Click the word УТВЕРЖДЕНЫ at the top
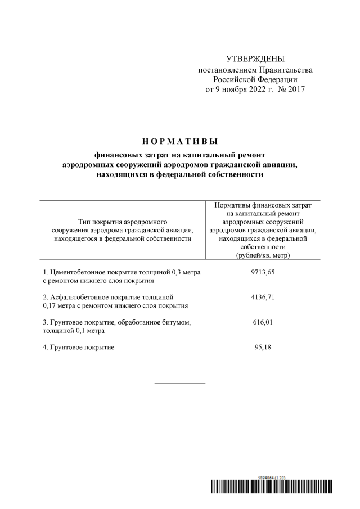tap(255, 59)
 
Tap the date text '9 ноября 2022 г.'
tap(242, 89)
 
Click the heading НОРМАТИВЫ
tap(179, 141)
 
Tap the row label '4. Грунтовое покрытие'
tap(79, 347)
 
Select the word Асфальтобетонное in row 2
tap(80, 296)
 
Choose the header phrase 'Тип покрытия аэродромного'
tap(119, 222)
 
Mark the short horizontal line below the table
tap(179, 384)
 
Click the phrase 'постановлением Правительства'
tap(255, 70)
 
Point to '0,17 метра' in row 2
tap(61, 305)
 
